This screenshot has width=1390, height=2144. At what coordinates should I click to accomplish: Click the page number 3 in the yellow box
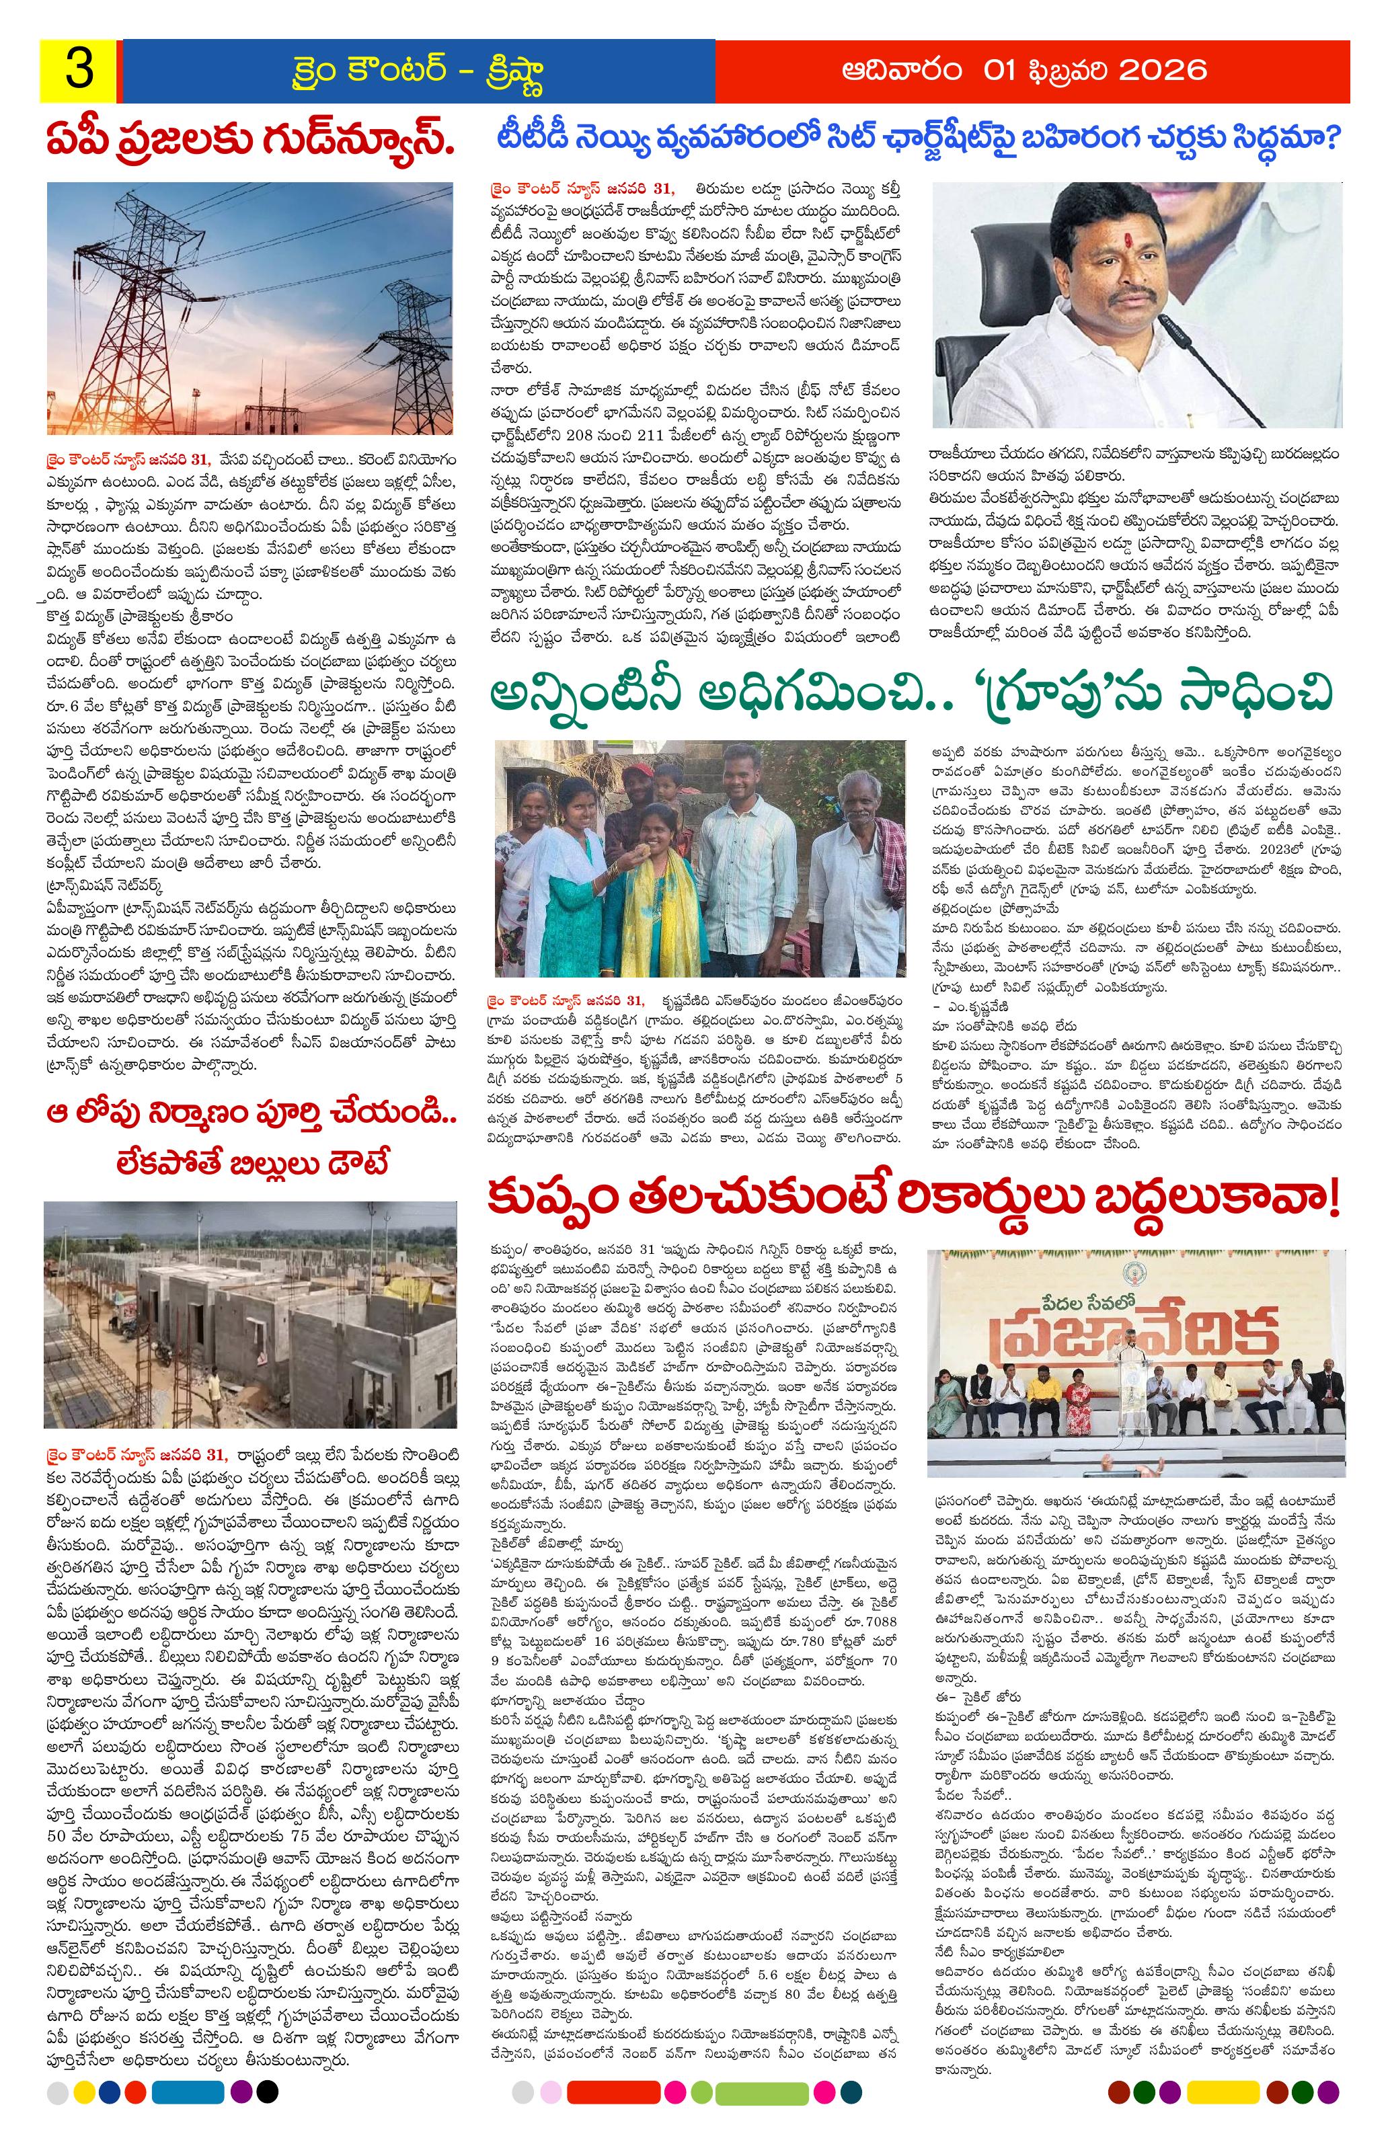click(77, 71)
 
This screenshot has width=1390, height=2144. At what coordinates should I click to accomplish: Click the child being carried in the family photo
click(668, 793)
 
